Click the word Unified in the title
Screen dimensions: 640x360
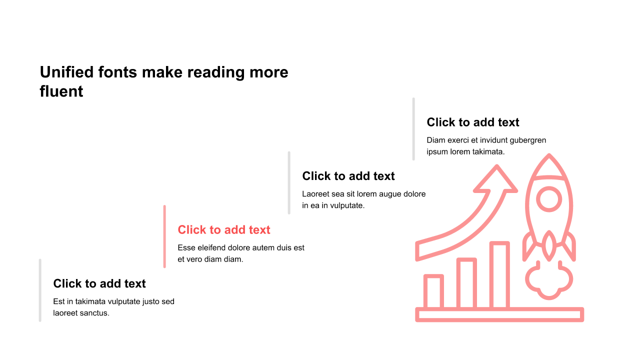coord(66,72)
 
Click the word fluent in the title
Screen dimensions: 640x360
coord(61,91)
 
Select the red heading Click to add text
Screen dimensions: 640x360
coord(224,229)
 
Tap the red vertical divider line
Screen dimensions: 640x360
coord(164,236)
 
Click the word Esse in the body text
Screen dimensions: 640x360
coord(186,247)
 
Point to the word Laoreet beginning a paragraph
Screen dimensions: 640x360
coord(315,194)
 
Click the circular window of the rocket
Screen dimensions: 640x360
coord(549,199)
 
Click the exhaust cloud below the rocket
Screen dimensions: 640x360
coord(549,283)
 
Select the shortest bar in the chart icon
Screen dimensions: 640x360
coord(433,291)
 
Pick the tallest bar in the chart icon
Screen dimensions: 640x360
coord(499,274)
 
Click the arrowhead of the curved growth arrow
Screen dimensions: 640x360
coord(496,179)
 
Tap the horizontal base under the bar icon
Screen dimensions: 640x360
coord(499,314)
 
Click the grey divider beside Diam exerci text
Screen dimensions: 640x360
coord(413,129)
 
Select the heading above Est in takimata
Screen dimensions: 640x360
coord(99,283)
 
